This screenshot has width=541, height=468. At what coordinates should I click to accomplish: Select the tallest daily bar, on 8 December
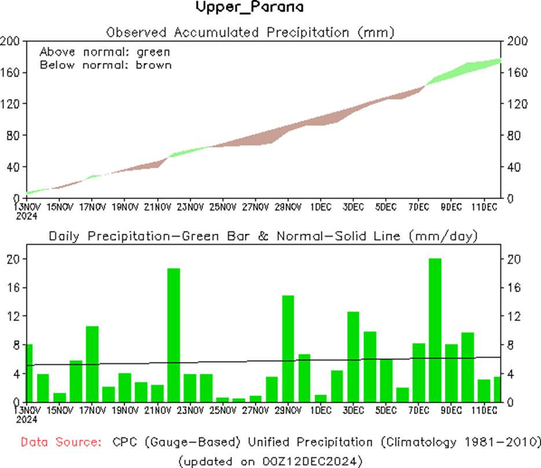435,330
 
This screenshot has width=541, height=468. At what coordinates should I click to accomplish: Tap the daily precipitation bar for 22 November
174,335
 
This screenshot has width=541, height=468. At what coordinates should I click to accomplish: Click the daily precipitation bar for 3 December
353,356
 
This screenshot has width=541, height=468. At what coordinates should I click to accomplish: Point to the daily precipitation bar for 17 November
92,364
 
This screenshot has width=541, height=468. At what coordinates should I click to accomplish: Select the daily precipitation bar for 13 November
29,373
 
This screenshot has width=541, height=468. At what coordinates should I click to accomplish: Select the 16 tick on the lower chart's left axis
13,288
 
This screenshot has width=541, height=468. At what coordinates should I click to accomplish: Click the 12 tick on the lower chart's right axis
512,316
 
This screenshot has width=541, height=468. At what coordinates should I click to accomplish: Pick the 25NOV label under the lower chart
222,410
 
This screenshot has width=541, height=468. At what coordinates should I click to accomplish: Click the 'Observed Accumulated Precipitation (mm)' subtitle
250,32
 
